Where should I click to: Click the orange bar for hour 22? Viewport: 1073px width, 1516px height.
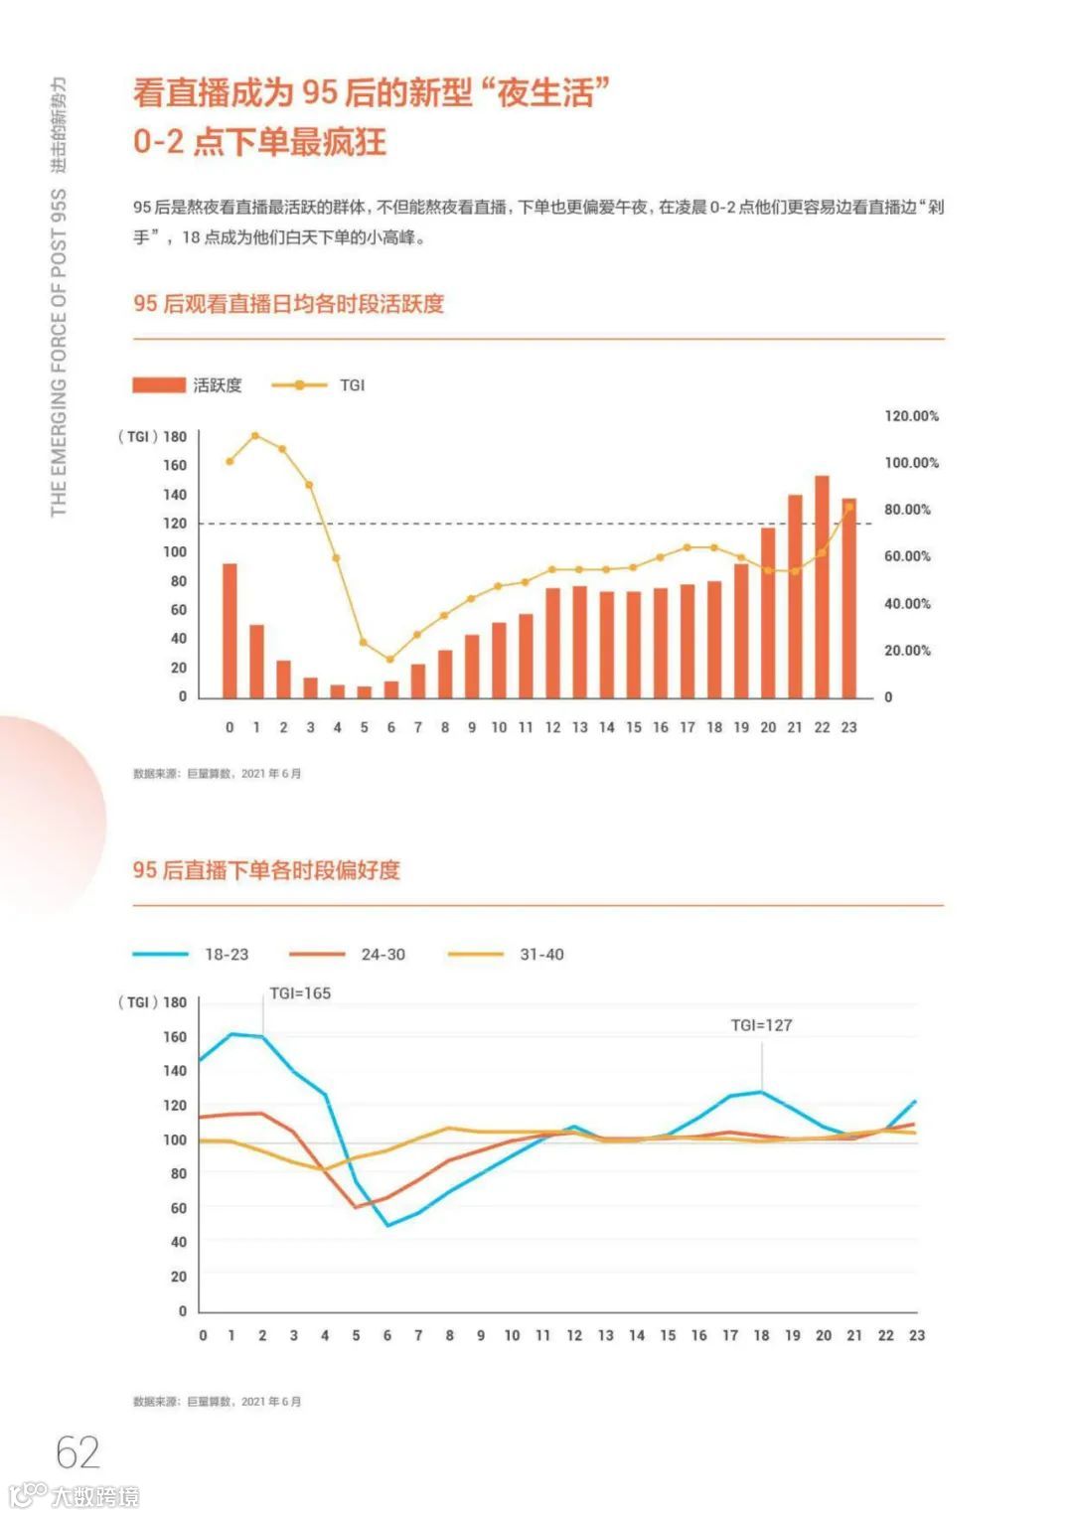pyautogui.click(x=822, y=586)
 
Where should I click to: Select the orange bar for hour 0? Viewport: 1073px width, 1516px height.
pyautogui.click(x=230, y=630)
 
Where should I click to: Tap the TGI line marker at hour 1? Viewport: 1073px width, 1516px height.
pyautogui.click(x=255, y=436)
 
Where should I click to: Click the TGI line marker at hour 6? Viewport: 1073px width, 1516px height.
pyautogui.click(x=390, y=660)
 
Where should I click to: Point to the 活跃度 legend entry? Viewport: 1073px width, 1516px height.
pyautogui.click(x=188, y=385)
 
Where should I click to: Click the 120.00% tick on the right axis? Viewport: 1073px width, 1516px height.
pyautogui.click(x=911, y=416)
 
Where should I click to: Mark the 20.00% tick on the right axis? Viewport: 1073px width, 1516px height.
pyautogui.click(x=907, y=651)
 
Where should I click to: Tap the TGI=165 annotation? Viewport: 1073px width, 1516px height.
pyautogui.click(x=300, y=993)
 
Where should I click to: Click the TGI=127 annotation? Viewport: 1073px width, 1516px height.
pyautogui.click(x=761, y=1025)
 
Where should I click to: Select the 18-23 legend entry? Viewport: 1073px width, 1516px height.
pyautogui.click(x=191, y=955)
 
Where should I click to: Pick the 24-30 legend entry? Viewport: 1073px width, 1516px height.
pyautogui.click(x=348, y=955)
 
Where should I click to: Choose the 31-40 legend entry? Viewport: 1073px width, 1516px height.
pyautogui.click(x=507, y=955)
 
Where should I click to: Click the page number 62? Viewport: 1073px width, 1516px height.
pyautogui.click(x=77, y=1452)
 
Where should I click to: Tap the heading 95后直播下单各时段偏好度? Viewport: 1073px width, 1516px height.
pyautogui.click(x=266, y=870)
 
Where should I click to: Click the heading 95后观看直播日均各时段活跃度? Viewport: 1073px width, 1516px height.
pyautogui.click(x=288, y=304)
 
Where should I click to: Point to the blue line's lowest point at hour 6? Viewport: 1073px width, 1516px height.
pyautogui.click(x=387, y=1225)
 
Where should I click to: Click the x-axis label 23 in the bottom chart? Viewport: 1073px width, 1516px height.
pyautogui.click(x=916, y=1336)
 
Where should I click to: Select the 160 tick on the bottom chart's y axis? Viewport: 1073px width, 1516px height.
pyautogui.click(x=175, y=1037)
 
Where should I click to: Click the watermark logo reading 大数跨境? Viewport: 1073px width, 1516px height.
pyautogui.click(x=75, y=1495)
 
